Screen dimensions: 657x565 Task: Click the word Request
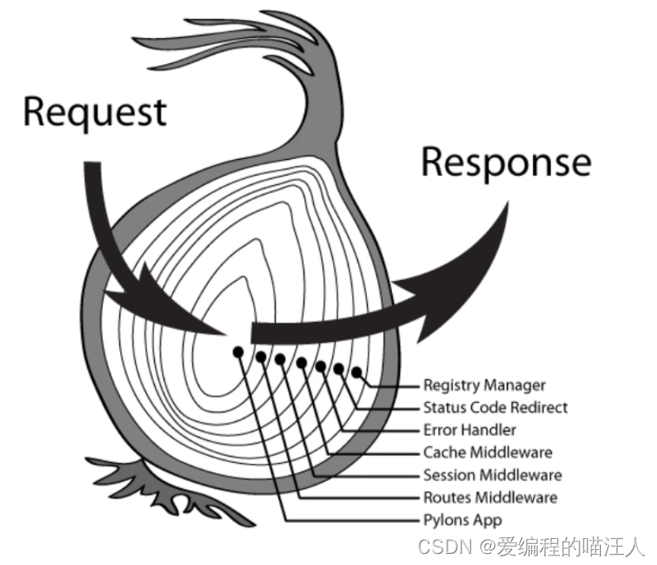coord(95,112)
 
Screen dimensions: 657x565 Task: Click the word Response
coord(506,162)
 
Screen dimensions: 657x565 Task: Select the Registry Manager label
coord(484,385)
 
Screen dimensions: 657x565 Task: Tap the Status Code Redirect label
coord(495,408)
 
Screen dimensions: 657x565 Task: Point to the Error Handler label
coord(470,430)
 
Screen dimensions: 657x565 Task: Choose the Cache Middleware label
coord(487,453)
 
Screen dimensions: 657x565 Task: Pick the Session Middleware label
coord(493,476)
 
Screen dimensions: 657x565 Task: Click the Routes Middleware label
coord(490,498)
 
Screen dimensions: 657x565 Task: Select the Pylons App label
coord(463,521)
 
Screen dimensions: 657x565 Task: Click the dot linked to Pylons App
coord(237,351)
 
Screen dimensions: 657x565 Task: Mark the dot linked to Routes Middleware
coord(261,357)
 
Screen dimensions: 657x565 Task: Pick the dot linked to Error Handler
coord(320,366)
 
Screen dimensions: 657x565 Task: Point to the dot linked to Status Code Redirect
coord(338,369)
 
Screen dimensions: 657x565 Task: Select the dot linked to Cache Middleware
coord(301,362)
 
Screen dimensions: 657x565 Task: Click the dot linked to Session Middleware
coord(280,359)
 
